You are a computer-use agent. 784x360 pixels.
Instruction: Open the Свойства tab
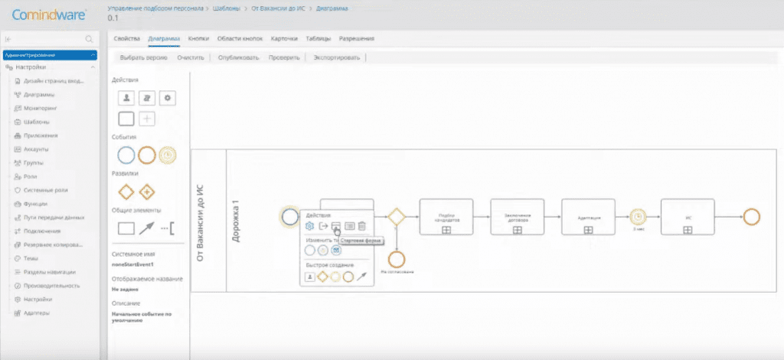pyautogui.click(x=126, y=38)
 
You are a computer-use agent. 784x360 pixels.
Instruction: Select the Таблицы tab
pyautogui.click(x=318, y=38)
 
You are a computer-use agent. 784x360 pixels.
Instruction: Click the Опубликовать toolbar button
pyautogui.click(x=238, y=57)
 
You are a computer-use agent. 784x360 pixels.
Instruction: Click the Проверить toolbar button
pyautogui.click(x=283, y=57)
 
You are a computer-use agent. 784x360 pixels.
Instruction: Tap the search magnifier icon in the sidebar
pyautogui.click(x=89, y=38)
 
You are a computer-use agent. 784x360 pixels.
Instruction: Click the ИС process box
pyautogui.click(x=688, y=217)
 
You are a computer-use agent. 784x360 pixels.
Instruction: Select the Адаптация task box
pyautogui.click(x=588, y=217)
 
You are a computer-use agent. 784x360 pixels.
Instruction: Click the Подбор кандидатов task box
pyautogui.click(x=446, y=217)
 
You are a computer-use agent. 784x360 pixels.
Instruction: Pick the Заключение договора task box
pyautogui.click(x=517, y=217)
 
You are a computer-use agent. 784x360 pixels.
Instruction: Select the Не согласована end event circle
pyautogui.click(x=395, y=258)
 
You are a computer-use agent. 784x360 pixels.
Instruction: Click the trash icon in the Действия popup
pyautogui.click(x=362, y=226)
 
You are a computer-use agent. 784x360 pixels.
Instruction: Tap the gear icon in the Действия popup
pyautogui.click(x=309, y=226)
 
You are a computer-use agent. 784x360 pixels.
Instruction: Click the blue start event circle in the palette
pyautogui.click(x=126, y=155)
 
